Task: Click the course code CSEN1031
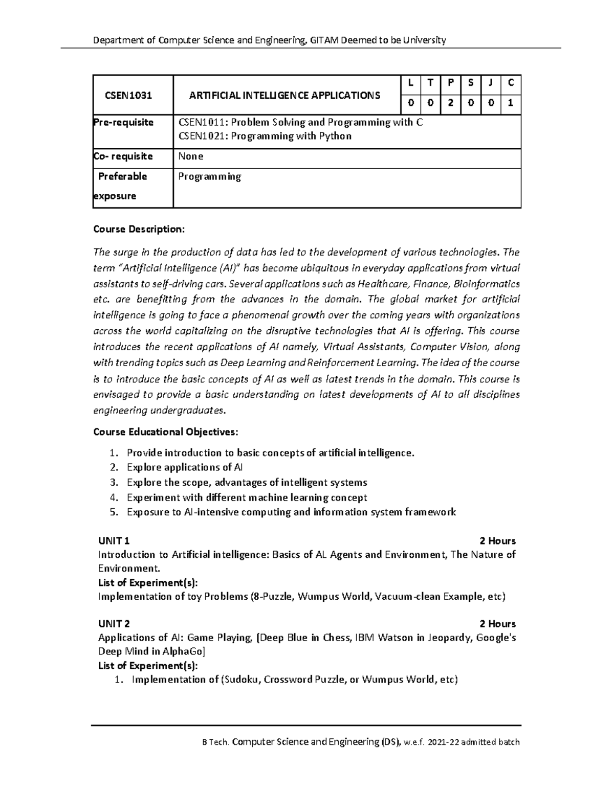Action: coord(128,95)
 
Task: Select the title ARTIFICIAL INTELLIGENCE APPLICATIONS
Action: coord(284,95)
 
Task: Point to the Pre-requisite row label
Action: coord(123,122)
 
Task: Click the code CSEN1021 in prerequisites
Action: coord(199,136)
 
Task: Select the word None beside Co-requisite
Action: coord(190,156)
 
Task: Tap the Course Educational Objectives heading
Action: coord(165,432)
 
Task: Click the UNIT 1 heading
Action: coord(114,541)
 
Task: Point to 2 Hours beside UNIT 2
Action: coord(497,624)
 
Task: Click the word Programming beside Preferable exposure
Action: coord(209,176)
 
